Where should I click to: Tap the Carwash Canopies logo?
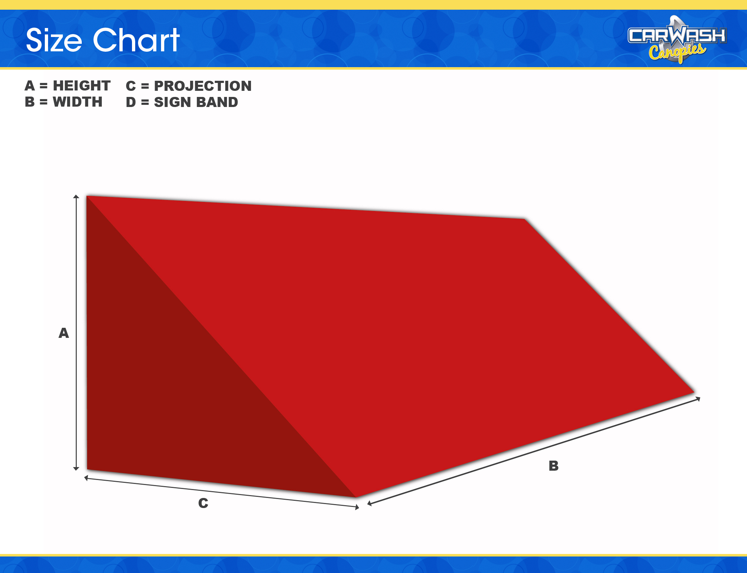tap(677, 40)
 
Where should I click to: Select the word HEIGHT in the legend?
tap(82, 86)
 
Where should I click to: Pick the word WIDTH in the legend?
tap(77, 102)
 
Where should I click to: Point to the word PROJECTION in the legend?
tap(203, 86)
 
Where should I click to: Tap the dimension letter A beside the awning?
tap(64, 333)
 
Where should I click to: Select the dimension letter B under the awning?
tap(554, 466)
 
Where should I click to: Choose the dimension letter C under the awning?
tap(203, 503)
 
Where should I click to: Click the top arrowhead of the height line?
tap(76, 196)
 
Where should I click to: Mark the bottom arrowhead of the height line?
tap(76, 469)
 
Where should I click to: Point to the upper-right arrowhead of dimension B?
tap(698, 399)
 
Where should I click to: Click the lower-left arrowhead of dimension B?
tap(369, 504)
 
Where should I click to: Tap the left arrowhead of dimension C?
tap(86, 478)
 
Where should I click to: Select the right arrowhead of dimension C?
tap(357, 507)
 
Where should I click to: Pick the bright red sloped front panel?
tap(412, 323)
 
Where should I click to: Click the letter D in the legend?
tap(131, 102)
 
